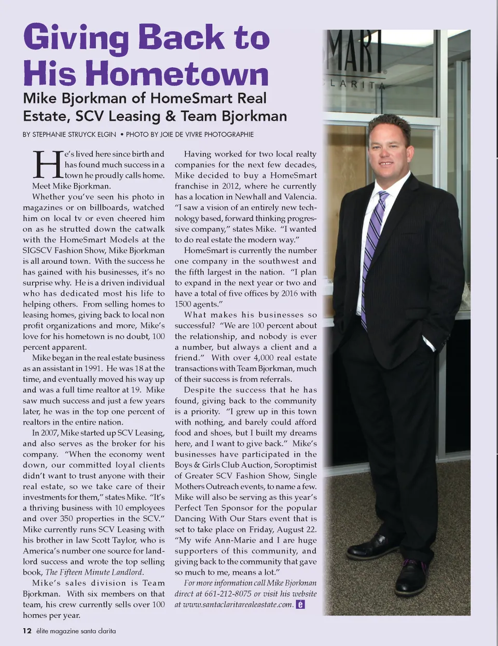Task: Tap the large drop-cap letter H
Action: pyautogui.click(x=47, y=165)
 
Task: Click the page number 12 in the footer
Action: pyautogui.click(x=27, y=631)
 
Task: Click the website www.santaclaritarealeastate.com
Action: pyautogui.click(x=238, y=604)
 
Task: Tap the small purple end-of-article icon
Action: pyautogui.click(x=300, y=604)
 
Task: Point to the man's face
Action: pyautogui.click(x=388, y=148)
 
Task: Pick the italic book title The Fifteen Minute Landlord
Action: pyautogui.click(x=94, y=572)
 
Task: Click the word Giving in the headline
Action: pyautogui.click(x=76, y=37)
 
